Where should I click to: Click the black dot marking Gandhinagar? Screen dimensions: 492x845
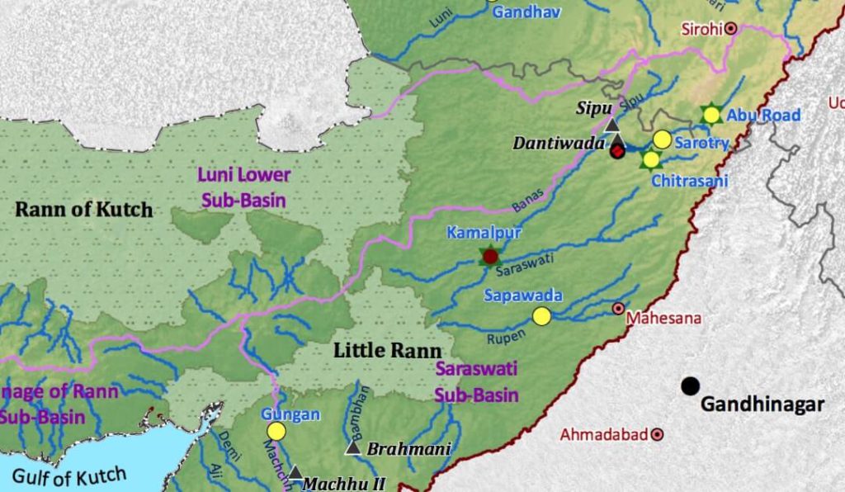click(x=691, y=386)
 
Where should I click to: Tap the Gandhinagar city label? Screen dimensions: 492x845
click(x=762, y=404)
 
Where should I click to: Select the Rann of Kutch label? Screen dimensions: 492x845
click(x=84, y=210)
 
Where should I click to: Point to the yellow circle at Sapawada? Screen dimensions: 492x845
click(x=541, y=316)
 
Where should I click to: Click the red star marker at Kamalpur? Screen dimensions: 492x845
click(x=490, y=257)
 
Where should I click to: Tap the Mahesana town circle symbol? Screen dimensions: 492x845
click(x=618, y=309)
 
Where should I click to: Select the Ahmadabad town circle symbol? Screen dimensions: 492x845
click(x=658, y=433)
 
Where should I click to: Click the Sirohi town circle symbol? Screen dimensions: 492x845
click(x=730, y=29)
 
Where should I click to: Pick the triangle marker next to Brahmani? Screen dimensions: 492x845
click(x=352, y=448)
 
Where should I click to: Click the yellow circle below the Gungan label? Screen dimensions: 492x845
click(x=276, y=431)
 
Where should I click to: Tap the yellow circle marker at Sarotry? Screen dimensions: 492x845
click(x=662, y=140)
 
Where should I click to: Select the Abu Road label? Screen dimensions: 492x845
click(x=763, y=116)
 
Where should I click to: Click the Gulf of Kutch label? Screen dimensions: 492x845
click(x=70, y=477)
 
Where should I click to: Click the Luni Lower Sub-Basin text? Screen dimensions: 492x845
click(x=243, y=186)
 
